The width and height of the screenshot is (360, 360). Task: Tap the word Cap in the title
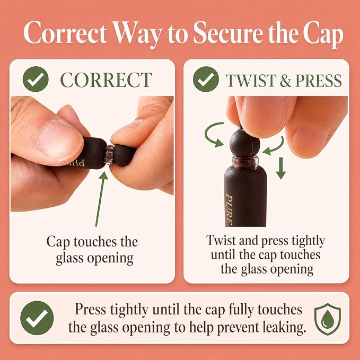tap(323, 34)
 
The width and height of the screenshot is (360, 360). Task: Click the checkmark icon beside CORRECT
tap(36, 79)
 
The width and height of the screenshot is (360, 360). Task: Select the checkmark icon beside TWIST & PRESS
tap(206, 79)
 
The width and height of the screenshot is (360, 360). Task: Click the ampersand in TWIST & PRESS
tap(285, 81)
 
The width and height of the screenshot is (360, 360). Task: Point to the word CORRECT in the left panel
tap(106, 80)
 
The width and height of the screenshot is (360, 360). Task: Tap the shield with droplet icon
tap(328, 319)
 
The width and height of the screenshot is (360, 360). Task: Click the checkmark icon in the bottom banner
tap(37, 318)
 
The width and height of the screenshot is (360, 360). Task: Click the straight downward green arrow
tap(281, 168)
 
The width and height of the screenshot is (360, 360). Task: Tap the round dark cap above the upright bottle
tap(245, 142)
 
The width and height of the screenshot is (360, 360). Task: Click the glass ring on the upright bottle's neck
tap(245, 161)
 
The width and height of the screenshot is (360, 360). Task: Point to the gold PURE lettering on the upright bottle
tap(229, 210)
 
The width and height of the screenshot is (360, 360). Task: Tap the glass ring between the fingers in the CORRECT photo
tap(109, 155)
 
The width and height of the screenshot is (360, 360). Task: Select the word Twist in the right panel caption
tap(221, 240)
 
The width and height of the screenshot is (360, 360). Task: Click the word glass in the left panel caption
tap(69, 258)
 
